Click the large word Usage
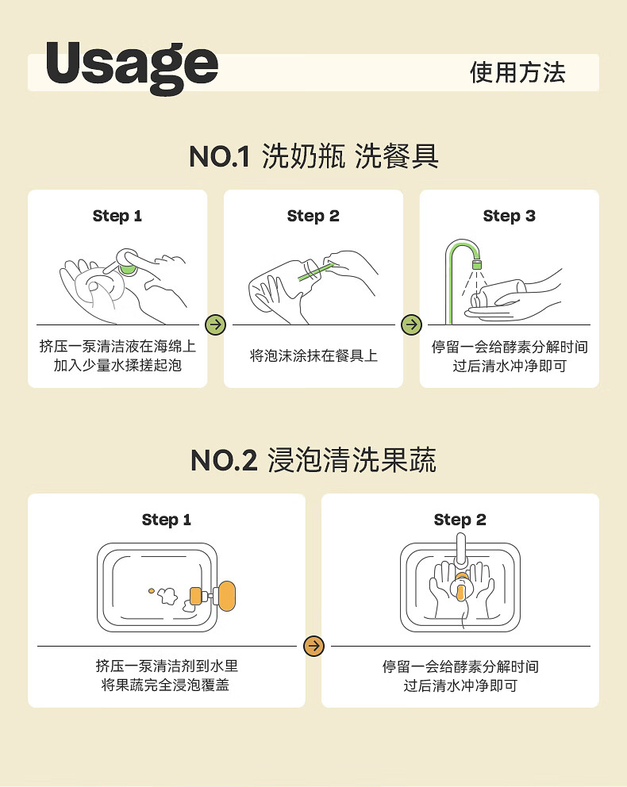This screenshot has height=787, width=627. tap(132, 67)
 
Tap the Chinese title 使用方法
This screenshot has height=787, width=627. tap(517, 73)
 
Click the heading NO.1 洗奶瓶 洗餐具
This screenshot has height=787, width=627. tap(313, 156)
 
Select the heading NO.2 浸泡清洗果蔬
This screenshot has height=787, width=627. tap(313, 460)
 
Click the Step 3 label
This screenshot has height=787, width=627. tap(509, 216)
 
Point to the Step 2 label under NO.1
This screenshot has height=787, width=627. tap(313, 216)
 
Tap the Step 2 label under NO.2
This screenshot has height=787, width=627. tap(460, 520)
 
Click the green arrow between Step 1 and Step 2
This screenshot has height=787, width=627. tap(215, 324)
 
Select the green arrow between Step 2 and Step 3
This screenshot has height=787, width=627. tap(412, 324)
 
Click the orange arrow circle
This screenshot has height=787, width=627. tap(313, 646)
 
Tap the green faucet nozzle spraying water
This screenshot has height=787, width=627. tap(476, 264)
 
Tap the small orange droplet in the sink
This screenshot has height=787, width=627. tap(151, 591)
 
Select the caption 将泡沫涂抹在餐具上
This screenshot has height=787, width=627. tap(313, 356)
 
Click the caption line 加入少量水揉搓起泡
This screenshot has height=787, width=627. tap(117, 365)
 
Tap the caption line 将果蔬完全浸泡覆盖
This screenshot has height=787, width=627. tap(165, 685)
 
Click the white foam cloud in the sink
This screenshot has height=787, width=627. tap(167, 596)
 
